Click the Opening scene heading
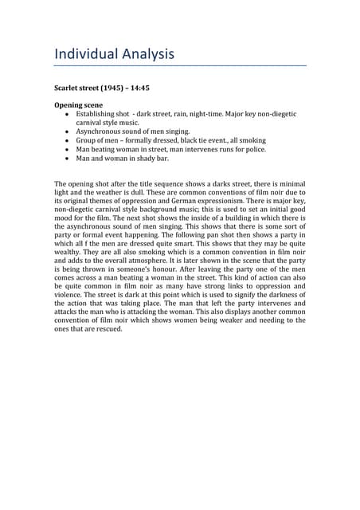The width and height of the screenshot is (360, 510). pos(80,105)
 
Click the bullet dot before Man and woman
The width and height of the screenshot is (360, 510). pos(65,159)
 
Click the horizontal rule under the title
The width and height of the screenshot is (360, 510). pos(179,66)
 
